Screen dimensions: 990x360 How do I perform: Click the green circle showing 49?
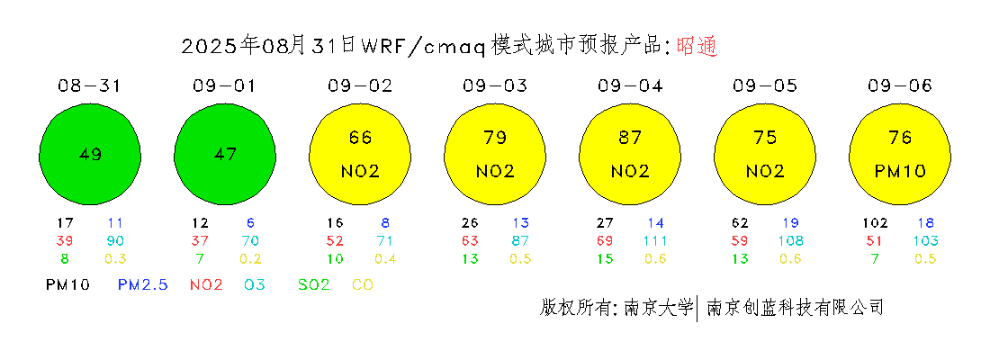(90, 154)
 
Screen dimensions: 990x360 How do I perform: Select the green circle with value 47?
(224, 154)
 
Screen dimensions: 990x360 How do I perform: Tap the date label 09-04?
(629, 85)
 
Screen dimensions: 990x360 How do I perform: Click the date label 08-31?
(90, 85)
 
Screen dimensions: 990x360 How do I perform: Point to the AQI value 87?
(629, 138)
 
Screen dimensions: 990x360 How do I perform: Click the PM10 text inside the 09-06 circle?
(900, 171)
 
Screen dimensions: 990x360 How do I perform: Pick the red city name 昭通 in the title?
(697, 46)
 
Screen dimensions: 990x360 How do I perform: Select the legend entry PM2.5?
(143, 284)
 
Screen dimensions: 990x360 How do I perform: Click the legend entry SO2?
(314, 284)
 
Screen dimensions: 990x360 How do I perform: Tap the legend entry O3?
(255, 284)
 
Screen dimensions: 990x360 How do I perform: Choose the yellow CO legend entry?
(363, 284)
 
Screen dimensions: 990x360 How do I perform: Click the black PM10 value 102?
(876, 223)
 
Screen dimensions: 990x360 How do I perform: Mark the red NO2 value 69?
(605, 240)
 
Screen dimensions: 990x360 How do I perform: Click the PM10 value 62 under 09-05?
(740, 223)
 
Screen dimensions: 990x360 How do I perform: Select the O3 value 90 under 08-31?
(114, 240)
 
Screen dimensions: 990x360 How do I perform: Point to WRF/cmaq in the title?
(423, 47)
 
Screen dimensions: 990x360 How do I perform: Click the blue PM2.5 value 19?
(790, 223)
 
